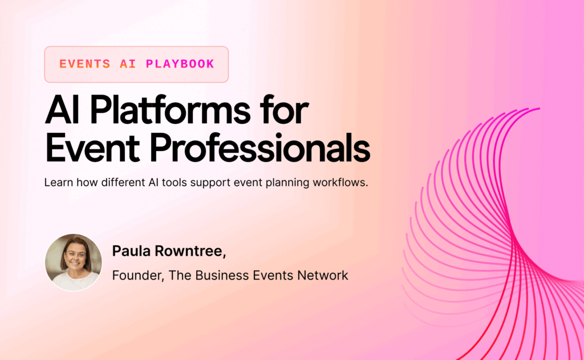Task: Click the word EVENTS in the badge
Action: (x=85, y=64)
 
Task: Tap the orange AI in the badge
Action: (x=128, y=64)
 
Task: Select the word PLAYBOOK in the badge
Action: (x=180, y=64)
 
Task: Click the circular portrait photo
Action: (x=74, y=262)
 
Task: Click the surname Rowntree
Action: (x=185, y=251)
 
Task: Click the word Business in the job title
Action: (x=220, y=276)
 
